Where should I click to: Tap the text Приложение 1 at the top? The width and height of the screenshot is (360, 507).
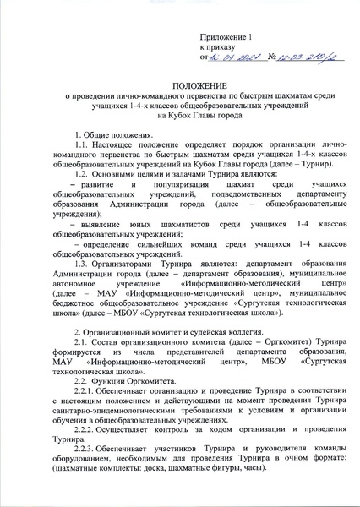point(226,39)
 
